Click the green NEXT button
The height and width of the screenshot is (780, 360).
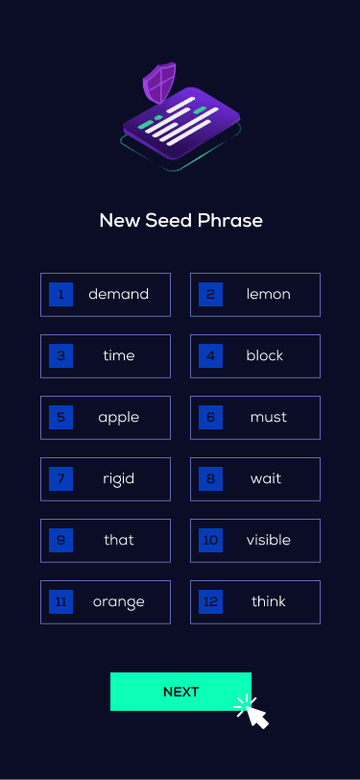coord(180,692)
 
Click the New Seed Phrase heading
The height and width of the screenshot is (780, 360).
coord(180,221)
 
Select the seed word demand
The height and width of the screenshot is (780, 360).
coord(118,294)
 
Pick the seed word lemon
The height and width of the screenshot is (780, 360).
coord(268,294)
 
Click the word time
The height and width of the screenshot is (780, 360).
coord(118,355)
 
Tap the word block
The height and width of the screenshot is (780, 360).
coord(265,355)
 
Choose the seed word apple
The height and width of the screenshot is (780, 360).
coord(118,417)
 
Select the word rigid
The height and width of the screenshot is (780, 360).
coord(118,478)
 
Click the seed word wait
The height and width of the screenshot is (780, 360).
coord(266,478)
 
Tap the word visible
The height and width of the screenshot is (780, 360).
coord(268,540)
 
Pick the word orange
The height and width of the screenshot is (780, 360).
coord(118,601)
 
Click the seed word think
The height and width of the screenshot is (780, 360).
coord(268,601)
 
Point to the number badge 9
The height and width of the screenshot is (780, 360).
coord(60,540)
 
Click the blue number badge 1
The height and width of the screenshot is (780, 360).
coord(60,294)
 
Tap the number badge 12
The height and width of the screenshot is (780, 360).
coord(210,601)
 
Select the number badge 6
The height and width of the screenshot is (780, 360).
coord(210,417)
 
